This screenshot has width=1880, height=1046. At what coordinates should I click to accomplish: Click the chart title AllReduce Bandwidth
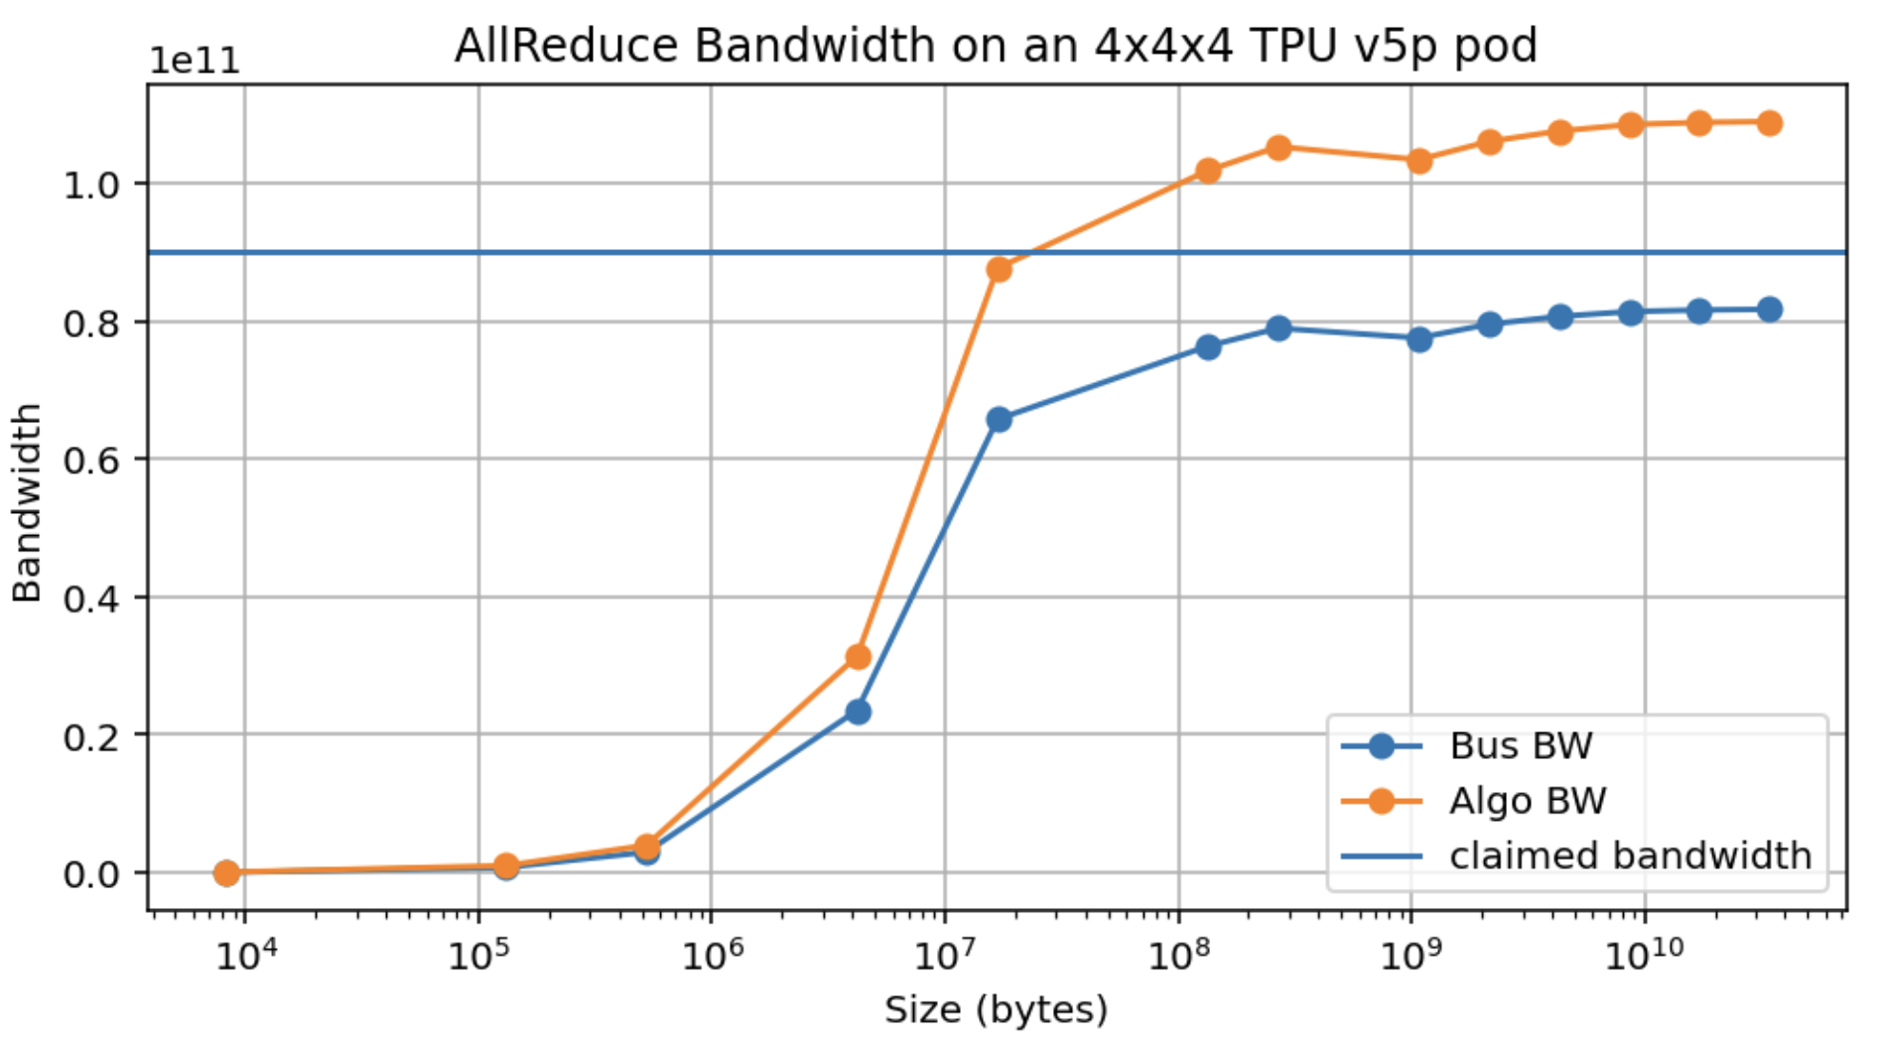(x=996, y=46)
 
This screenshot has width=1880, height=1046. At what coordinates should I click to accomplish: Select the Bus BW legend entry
(x=1520, y=745)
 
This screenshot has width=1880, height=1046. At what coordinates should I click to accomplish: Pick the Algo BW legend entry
(x=1527, y=801)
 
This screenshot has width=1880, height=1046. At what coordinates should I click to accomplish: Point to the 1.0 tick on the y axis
(x=91, y=185)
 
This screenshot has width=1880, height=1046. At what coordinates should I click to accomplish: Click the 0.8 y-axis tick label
(x=91, y=323)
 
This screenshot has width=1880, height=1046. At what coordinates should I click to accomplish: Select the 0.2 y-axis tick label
(x=91, y=735)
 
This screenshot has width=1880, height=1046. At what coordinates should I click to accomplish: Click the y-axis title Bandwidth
(x=27, y=502)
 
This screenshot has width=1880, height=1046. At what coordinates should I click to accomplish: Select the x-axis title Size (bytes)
(x=996, y=1009)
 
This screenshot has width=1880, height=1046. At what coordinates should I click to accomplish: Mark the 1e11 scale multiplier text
(x=195, y=62)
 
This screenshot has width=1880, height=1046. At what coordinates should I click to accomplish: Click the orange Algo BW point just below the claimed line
(x=999, y=269)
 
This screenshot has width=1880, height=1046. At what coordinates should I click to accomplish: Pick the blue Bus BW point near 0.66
(x=999, y=420)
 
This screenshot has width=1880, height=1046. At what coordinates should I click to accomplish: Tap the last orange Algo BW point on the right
(x=1769, y=123)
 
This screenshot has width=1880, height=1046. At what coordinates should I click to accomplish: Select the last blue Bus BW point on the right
(x=1769, y=310)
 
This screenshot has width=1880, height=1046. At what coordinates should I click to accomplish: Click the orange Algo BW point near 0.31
(x=859, y=657)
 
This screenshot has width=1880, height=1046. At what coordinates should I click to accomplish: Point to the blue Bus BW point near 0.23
(x=859, y=712)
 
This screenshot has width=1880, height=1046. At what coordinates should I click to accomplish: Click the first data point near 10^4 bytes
(x=226, y=873)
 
